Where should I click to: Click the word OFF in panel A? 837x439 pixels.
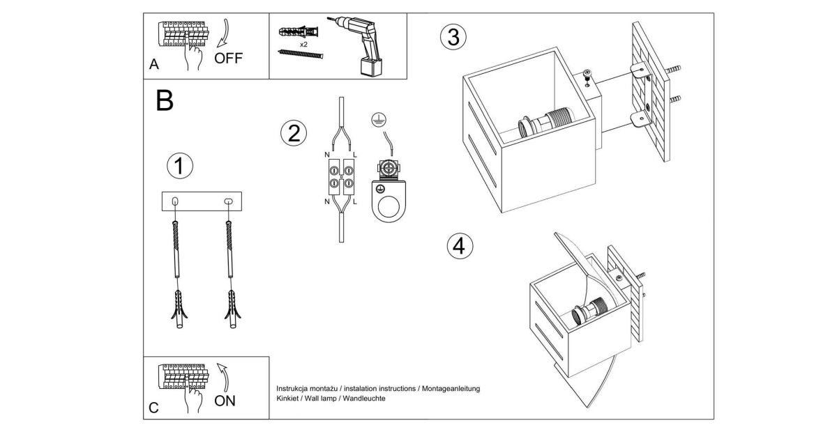pyautogui.click(x=228, y=58)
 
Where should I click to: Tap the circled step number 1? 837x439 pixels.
pyautogui.click(x=179, y=166)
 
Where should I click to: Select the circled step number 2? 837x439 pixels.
pyautogui.click(x=294, y=132)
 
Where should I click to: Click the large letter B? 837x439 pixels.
pyautogui.click(x=165, y=101)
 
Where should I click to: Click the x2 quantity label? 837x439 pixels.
pyautogui.click(x=304, y=44)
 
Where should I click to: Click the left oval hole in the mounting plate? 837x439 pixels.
pyautogui.click(x=174, y=201)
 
